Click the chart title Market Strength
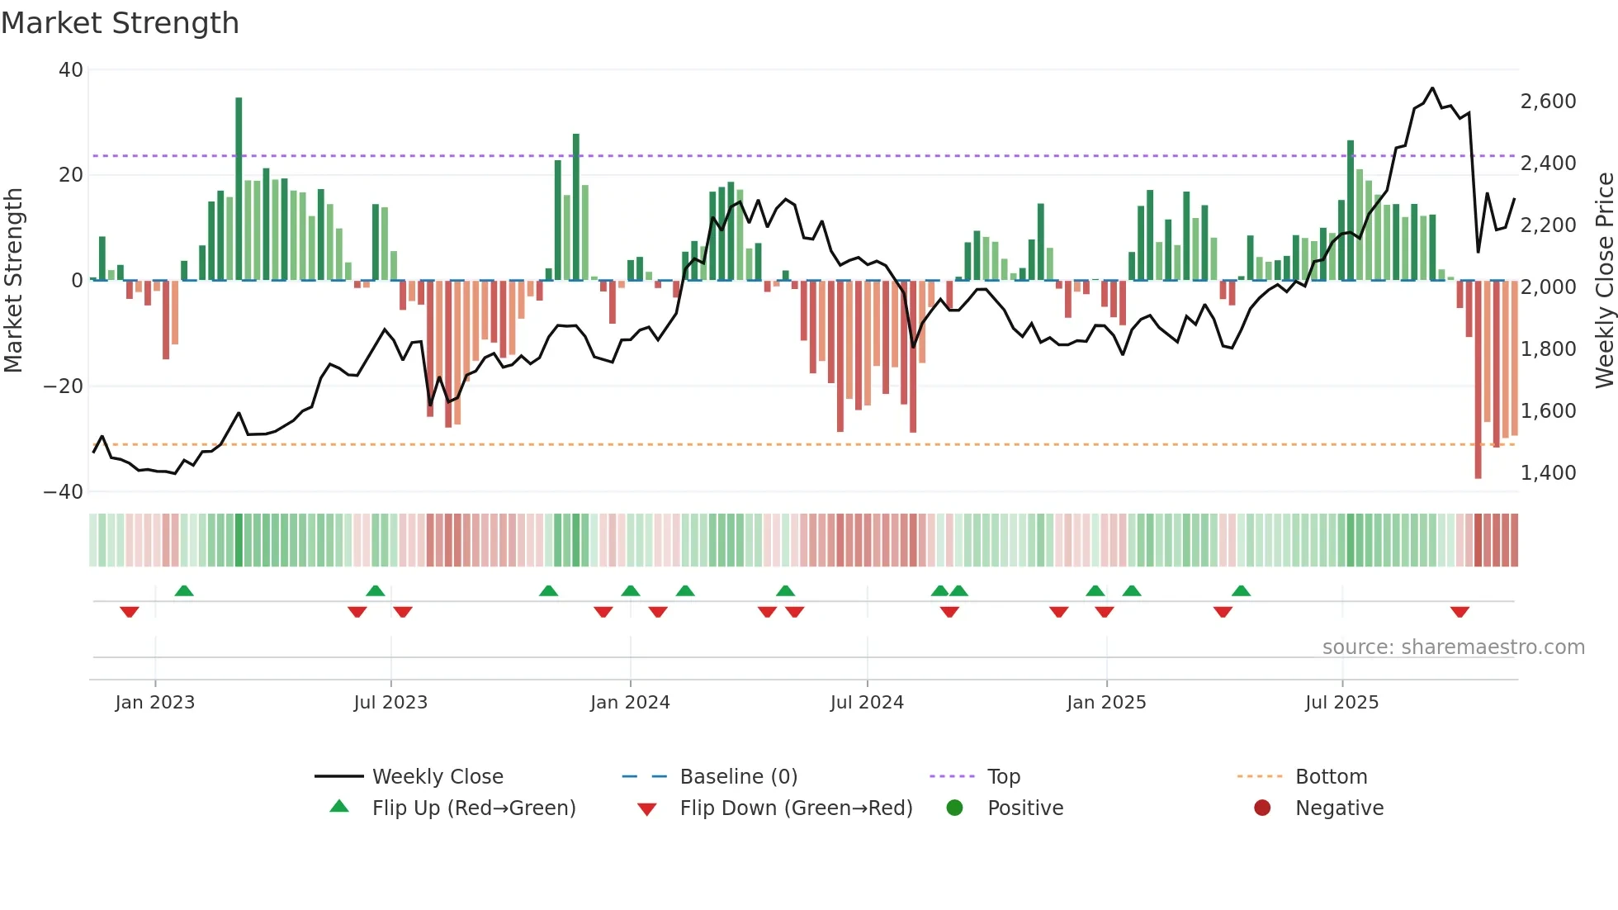point(120,23)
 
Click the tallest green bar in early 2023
point(239,188)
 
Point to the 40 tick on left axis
point(71,70)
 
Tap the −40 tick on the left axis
point(64,492)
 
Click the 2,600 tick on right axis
point(1548,102)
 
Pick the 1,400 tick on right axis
point(1548,473)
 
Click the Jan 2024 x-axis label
point(630,703)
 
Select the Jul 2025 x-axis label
point(1341,703)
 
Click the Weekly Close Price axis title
point(1604,281)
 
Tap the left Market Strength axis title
point(14,281)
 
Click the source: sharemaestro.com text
point(1453,647)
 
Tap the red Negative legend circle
point(1262,808)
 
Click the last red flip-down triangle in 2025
point(1460,612)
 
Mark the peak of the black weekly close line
point(1432,88)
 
